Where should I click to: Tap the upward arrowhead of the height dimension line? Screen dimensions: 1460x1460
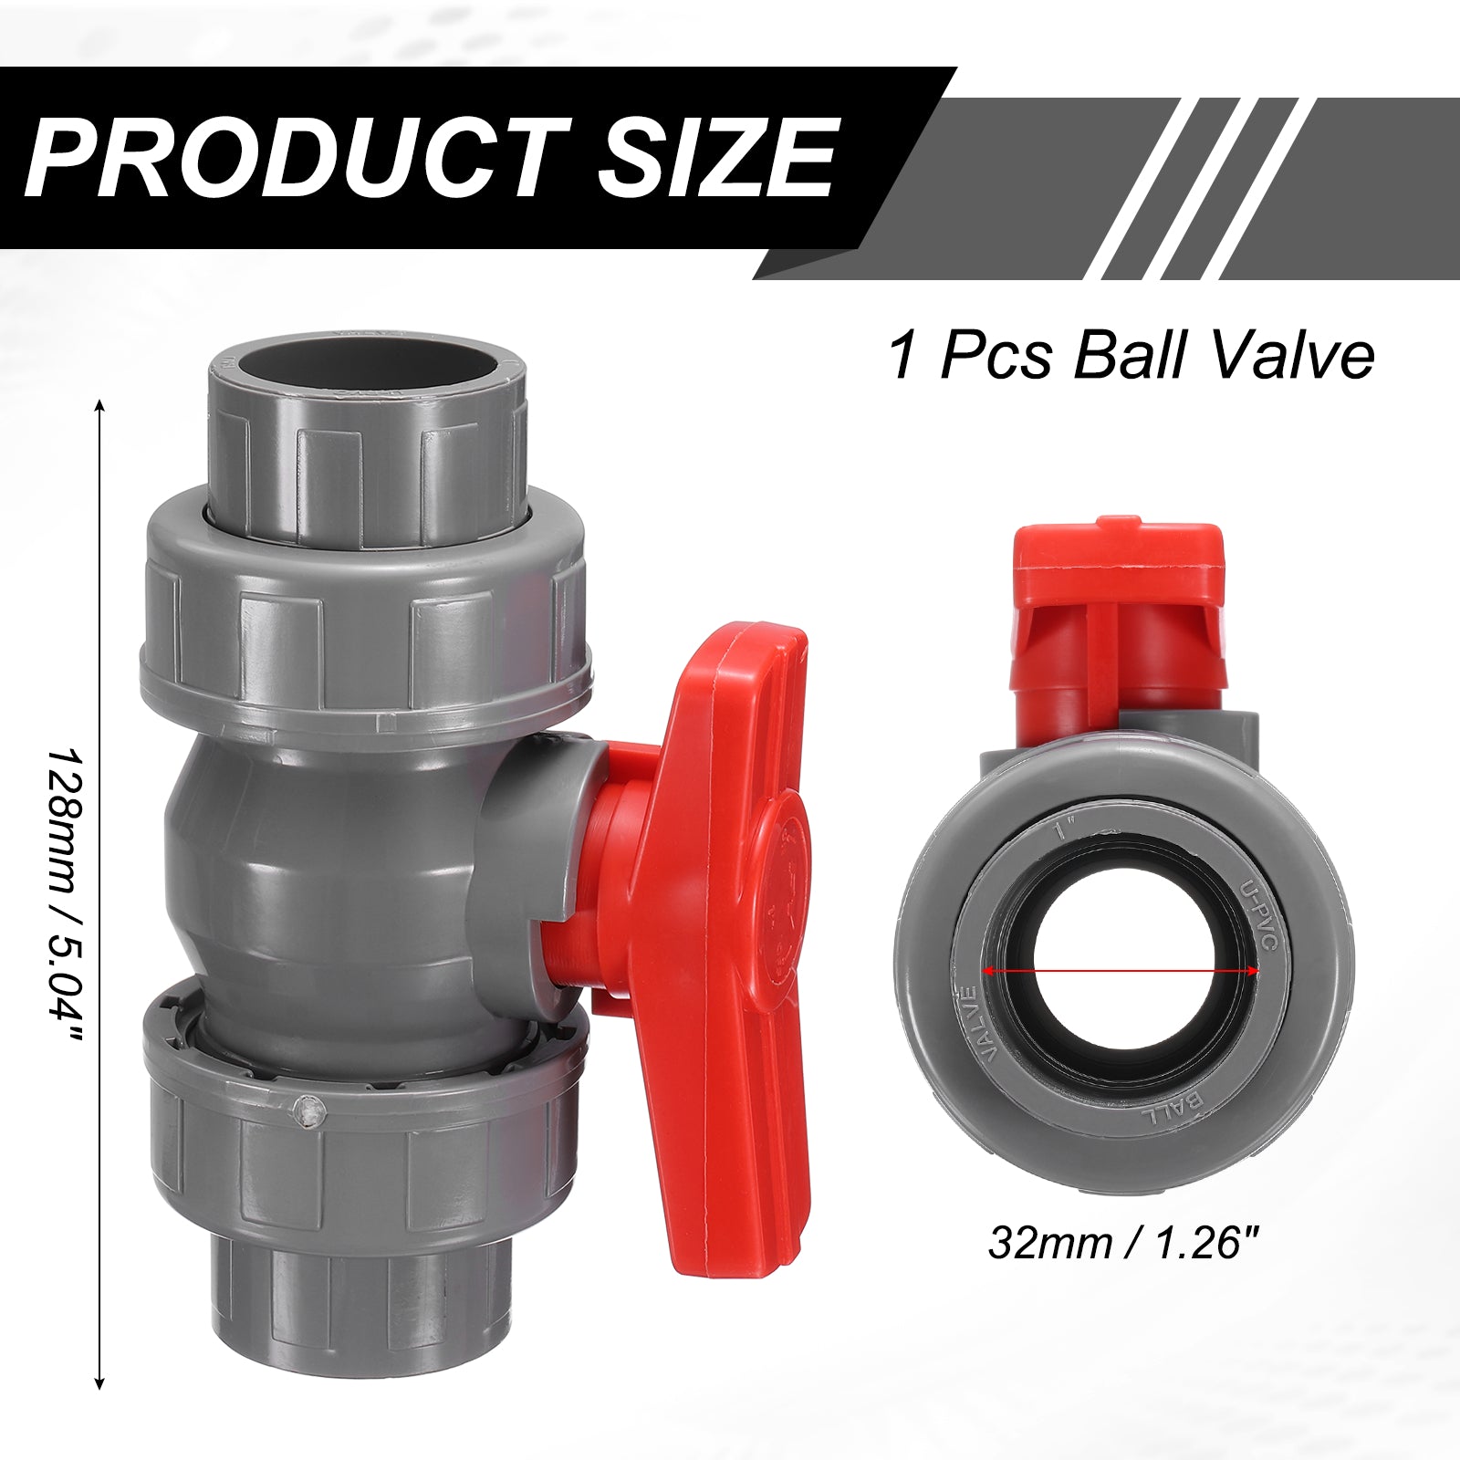click(x=99, y=405)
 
